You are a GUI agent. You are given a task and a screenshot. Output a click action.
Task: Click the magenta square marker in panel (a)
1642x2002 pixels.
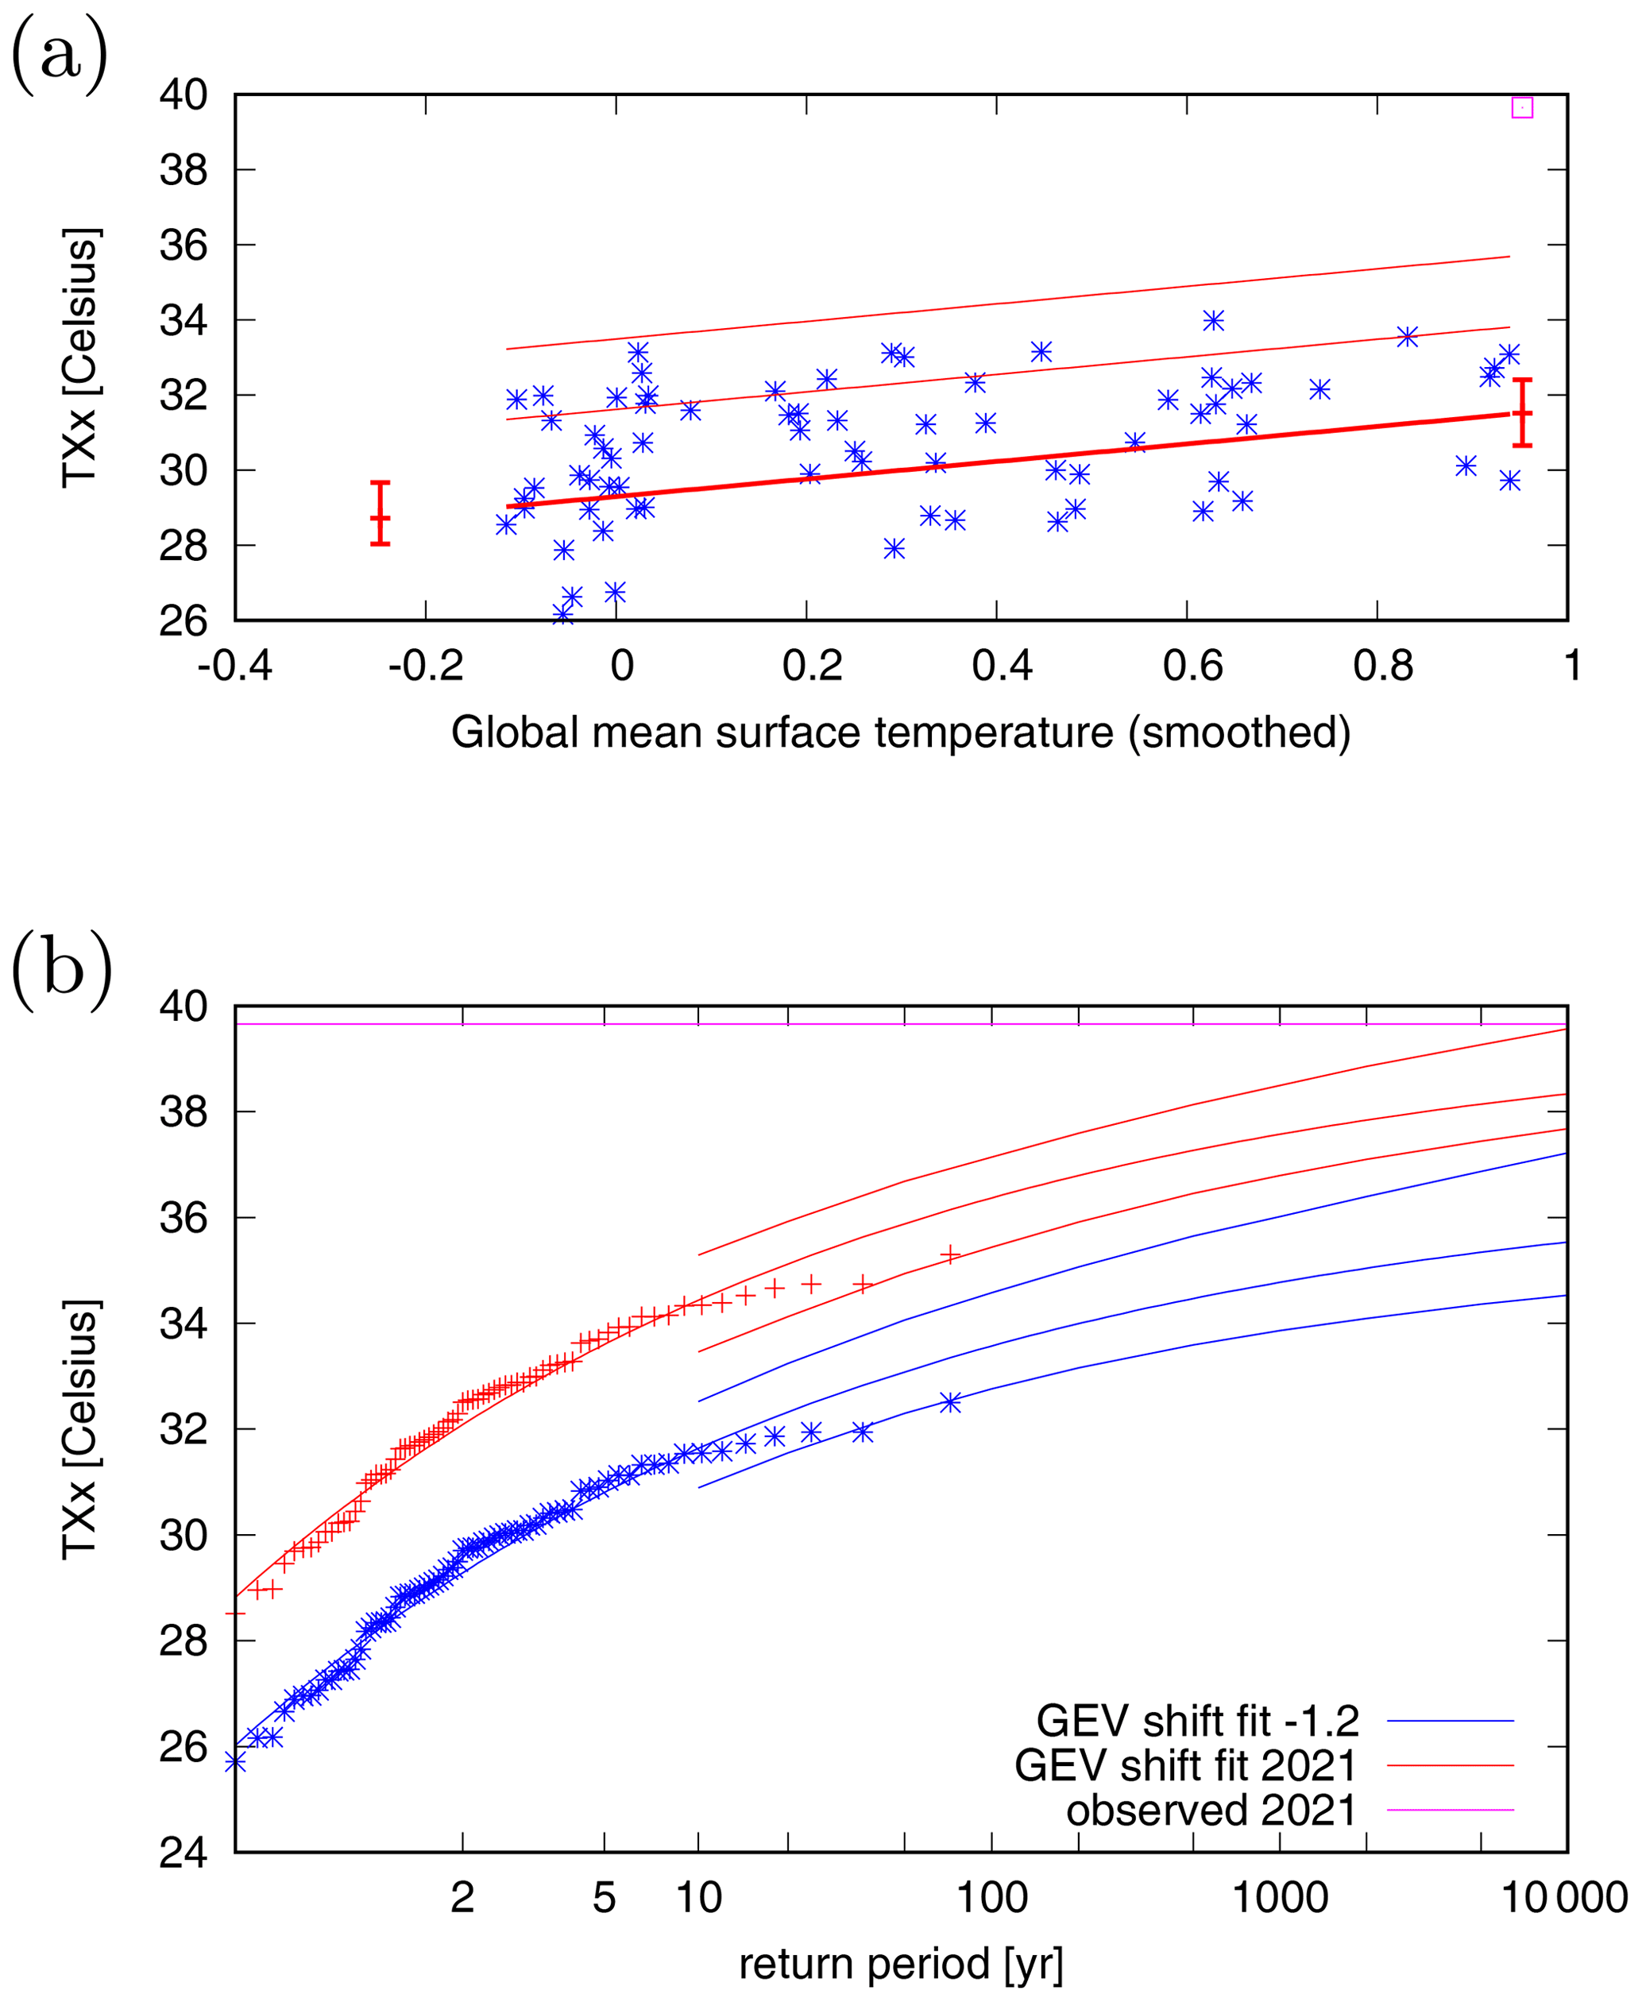pos(1522,108)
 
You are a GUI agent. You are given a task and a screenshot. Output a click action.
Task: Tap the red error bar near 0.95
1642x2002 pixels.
pos(1523,412)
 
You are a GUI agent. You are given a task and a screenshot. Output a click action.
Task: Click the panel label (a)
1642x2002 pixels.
pos(60,55)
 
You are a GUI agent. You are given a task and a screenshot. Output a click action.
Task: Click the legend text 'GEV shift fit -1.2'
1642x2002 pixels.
pos(1197,1720)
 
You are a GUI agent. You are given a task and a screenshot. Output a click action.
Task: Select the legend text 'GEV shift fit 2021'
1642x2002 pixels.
pos(1186,1764)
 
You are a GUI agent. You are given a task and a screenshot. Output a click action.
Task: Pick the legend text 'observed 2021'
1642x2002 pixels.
pos(1211,1809)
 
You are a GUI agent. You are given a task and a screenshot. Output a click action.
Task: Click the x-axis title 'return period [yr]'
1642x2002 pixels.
pos(901,1963)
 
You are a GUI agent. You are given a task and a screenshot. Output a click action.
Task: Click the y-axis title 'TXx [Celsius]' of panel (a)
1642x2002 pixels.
pos(79,357)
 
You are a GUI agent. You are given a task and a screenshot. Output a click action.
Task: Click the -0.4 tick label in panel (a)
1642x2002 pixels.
pos(234,666)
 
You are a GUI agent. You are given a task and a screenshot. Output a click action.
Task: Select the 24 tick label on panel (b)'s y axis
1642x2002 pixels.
pos(184,1853)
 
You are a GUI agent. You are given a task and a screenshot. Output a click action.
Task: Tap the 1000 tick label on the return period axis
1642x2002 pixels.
pos(1280,1897)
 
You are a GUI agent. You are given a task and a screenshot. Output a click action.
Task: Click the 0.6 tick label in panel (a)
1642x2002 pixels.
pos(1192,666)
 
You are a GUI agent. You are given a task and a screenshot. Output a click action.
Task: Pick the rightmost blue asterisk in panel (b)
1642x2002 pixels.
pos(951,1402)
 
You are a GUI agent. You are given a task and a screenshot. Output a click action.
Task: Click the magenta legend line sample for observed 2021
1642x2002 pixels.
pos(1450,1810)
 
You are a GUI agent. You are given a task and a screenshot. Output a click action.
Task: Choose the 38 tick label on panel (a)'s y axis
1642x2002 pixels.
pos(184,170)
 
